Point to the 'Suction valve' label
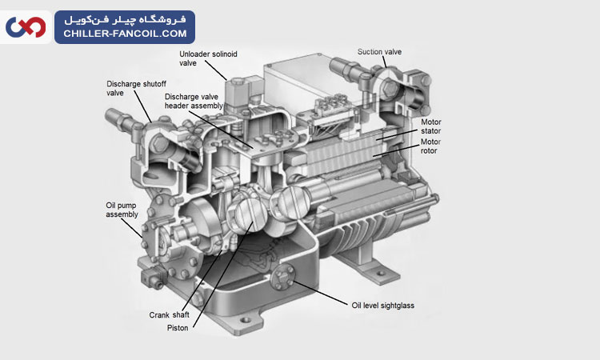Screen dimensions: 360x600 379,52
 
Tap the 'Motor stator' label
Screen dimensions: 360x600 431,126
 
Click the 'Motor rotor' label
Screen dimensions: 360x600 431,146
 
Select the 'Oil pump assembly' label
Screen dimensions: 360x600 122,209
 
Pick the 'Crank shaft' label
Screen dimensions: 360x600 170,314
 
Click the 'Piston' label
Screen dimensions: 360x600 178,328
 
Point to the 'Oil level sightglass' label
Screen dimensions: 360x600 383,305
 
